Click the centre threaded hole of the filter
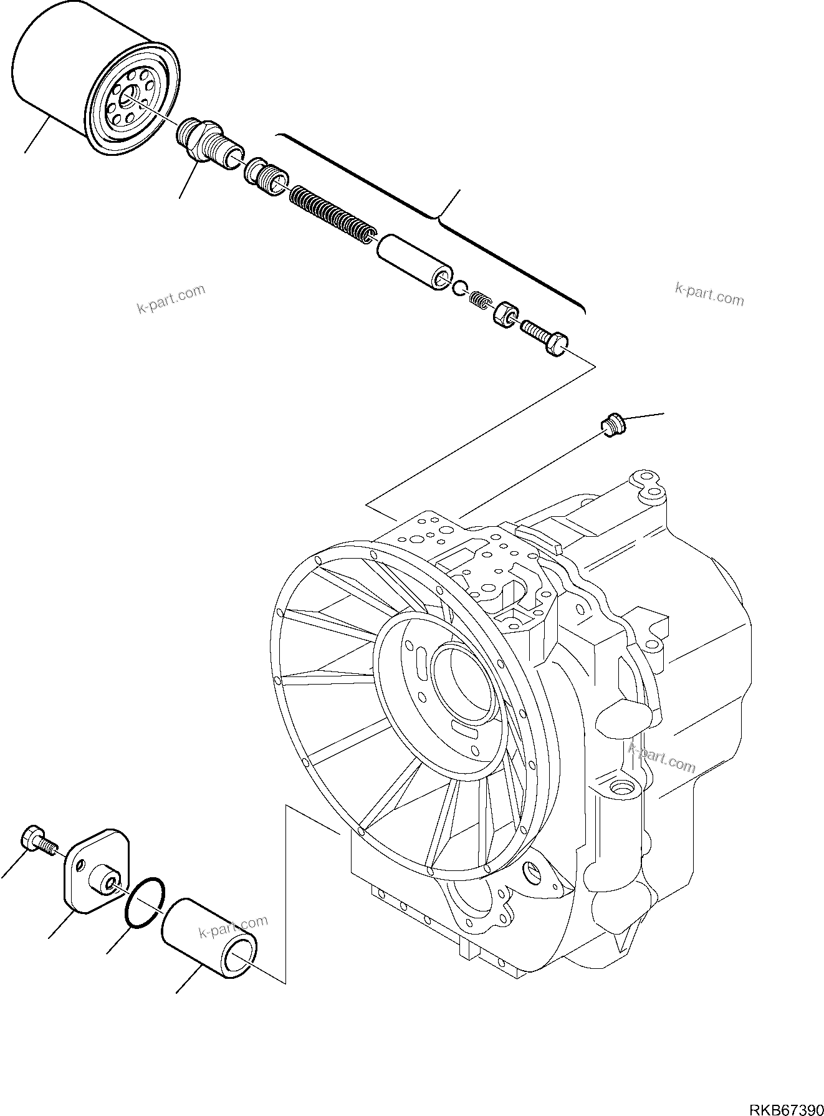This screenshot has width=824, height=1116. [130, 96]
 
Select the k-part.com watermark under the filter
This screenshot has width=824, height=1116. [171, 300]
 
